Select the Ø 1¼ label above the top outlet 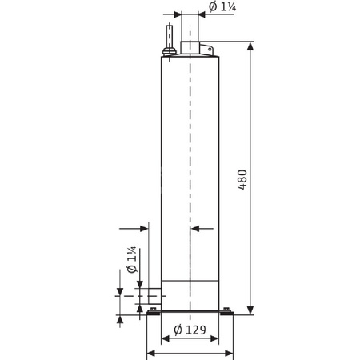click(x=222, y=7)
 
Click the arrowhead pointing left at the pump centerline click(x=196, y=230)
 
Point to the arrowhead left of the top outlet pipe click(x=177, y=14)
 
